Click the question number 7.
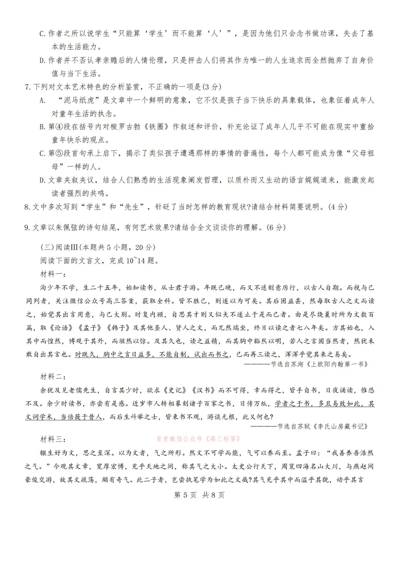click(x=27, y=87)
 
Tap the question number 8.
click(x=27, y=207)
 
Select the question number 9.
click(x=27, y=228)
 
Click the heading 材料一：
click(x=53, y=274)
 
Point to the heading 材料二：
click(x=53, y=377)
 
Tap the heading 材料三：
click(x=53, y=439)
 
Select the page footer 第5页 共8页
click(x=199, y=495)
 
